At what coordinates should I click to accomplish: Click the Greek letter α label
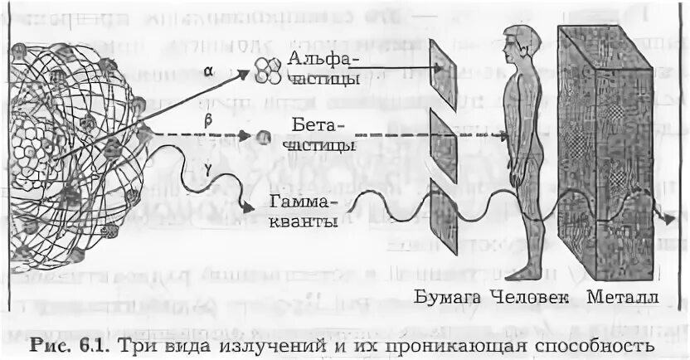[207, 72]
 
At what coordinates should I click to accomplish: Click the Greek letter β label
[208, 121]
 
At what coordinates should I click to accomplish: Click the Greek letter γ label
[207, 170]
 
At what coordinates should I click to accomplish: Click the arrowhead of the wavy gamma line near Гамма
[247, 209]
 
